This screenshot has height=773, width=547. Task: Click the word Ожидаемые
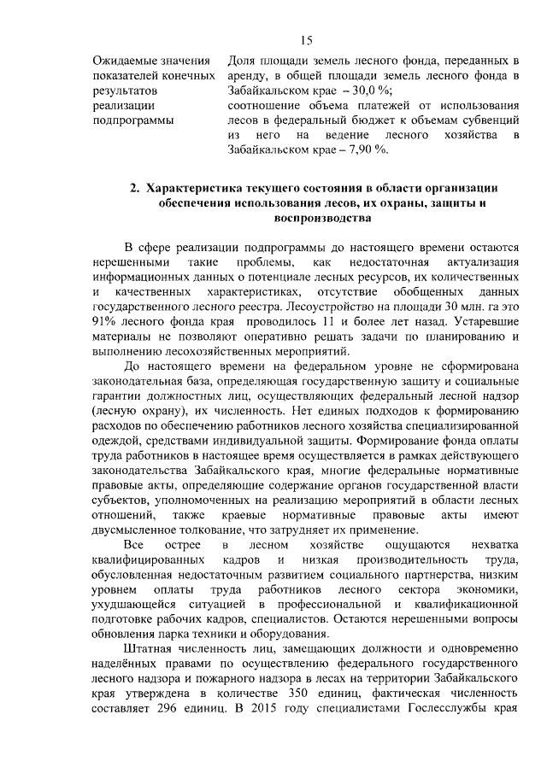pos(125,60)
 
